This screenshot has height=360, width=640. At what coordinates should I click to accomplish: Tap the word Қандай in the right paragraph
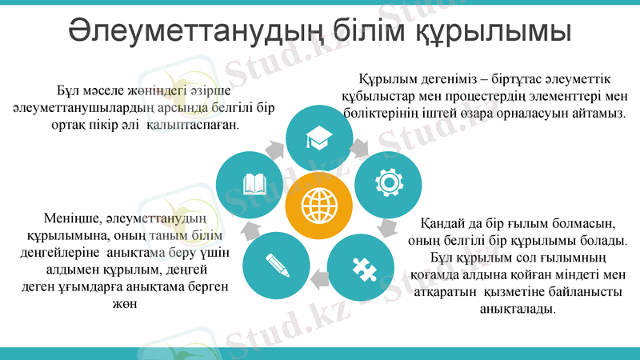(443, 222)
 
